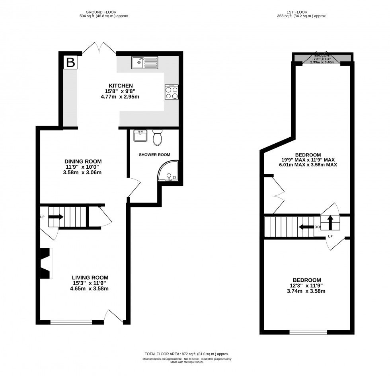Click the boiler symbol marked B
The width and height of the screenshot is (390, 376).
[x=70, y=62]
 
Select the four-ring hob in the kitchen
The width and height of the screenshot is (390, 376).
[x=172, y=92]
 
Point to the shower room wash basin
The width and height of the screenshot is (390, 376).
[x=140, y=136]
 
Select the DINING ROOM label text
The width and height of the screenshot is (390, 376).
[x=83, y=161]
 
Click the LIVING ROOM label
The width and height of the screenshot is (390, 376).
[x=90, y=277]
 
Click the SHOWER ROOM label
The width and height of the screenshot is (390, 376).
[x=154, y=154]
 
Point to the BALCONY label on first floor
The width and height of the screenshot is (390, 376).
[x=322, y=55]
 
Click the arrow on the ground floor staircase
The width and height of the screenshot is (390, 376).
[x=56, y=217]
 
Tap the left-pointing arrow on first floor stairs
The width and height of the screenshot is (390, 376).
[x=306, y=227]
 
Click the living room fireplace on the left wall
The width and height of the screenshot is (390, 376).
[x=45, y=263]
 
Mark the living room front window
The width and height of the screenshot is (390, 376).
[x=71, y=322]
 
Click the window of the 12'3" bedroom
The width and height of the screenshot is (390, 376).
[x=308, y=332]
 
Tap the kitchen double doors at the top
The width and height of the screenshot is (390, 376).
[x=99, y=49]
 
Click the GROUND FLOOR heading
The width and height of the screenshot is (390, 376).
[x=104, y=12]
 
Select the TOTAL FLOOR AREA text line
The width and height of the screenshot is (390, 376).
[x=187, y=354]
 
